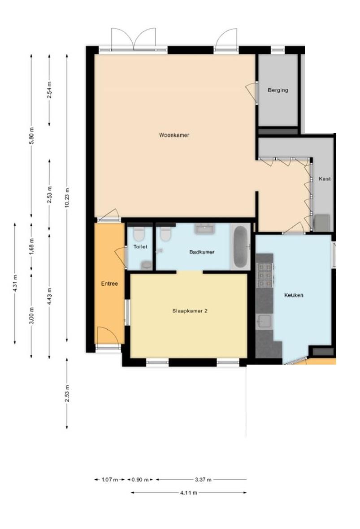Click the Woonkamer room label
click(x=174, y=135)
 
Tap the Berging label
click(x=278, y=90)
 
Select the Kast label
click(x=325, y=179)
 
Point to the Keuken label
click(x=294, y=295)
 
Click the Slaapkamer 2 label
click(x=190, y=311)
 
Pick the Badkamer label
click(x=202, y=252)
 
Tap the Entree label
click(x=109, y=284)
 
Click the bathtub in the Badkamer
click(x=240, y=246)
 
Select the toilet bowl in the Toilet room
click(x=139, y=233)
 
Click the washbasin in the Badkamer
click(x=204, y=229)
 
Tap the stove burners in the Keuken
click(x=265, y=275)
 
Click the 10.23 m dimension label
click(x=67, y=198)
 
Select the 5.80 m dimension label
click(x=31, y=136)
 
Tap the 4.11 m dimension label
click(x=189, y=493)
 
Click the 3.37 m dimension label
click(x=203, y=479)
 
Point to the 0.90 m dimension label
click(x=140, y=479)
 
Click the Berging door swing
click(x=251, y=91)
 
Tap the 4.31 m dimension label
click(x=15, y=284)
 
